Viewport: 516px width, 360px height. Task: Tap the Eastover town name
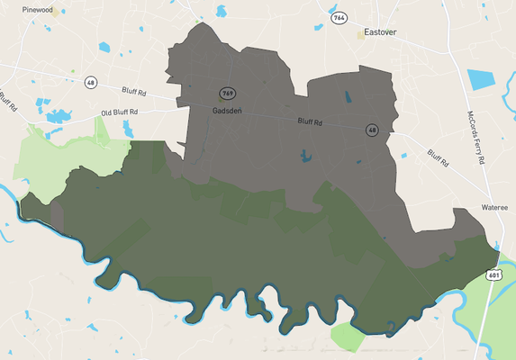coord(379,33)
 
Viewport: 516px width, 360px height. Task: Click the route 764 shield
coord(339,18)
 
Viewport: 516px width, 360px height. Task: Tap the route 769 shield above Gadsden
coord(227,93)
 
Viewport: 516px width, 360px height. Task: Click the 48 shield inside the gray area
coord(372,130)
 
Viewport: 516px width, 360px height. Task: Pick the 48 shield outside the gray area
coord(90,83)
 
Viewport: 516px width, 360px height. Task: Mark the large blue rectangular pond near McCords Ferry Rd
coord(482,78)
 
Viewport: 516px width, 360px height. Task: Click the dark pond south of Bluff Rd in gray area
coord(306,156)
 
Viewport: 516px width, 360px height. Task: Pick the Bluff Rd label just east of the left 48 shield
coord(136,90)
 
